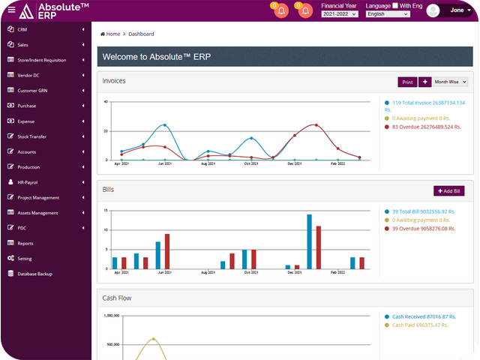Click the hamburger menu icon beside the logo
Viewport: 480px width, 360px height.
click(x=10, y=10)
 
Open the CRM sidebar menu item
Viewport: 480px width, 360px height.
click(x=22, y=29)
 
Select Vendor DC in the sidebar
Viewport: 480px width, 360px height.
click(x=28, y=75)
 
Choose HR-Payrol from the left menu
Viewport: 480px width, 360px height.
click(x=28, y=182)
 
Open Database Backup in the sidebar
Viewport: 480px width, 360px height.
click(x=34, y=274)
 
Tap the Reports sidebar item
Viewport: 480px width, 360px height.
click(x=25, y=243)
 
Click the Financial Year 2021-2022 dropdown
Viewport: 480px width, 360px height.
click(x=339, y=13)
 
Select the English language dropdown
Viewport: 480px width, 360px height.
click(x=387, y=13)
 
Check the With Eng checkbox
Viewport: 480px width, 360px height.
click(x=395, y=5)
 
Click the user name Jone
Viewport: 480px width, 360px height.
click(x=457, y=10)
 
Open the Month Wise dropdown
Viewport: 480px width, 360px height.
click(x=451, y=82)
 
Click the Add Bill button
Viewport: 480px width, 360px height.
click(x=448, y=191)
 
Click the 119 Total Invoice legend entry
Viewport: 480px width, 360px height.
click(x=423, y=106)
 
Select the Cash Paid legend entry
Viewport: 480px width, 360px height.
click(x=419, y=325)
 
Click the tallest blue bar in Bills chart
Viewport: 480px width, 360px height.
click(x=309, y=241)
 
